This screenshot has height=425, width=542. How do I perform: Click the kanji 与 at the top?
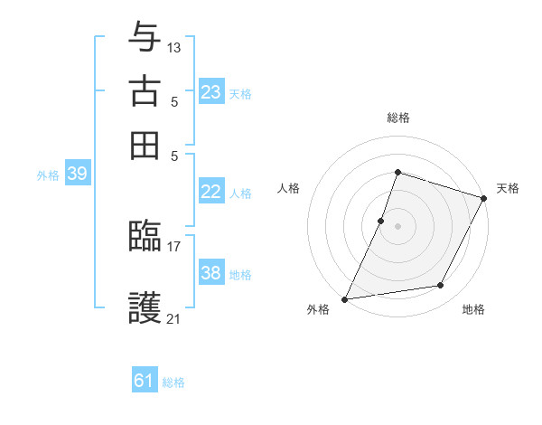[145, 38]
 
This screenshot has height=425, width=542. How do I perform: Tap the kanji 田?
[145, 144]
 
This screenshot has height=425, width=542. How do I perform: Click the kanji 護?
[145, 307]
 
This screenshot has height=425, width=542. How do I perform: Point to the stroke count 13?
[174, 48]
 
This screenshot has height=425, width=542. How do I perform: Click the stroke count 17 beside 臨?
[174, 245]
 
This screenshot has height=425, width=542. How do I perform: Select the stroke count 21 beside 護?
[174, 318]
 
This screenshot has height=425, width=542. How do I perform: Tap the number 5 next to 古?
[173, 101]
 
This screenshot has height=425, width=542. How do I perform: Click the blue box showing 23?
[211, 92]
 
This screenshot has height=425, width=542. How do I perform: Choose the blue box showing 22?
[211, 192]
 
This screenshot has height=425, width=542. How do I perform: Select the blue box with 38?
[211, 273]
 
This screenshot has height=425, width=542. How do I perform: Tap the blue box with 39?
[77, 175]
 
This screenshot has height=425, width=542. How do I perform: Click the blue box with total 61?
[145, 381]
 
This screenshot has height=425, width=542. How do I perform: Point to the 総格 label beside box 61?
[173, 382]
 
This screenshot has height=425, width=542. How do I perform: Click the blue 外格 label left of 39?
[48, 175]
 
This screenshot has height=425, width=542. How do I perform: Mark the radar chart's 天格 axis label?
[508, 188]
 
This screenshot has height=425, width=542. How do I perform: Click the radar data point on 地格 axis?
[441, 286]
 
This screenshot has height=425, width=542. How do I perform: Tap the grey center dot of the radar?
[397, 225]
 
